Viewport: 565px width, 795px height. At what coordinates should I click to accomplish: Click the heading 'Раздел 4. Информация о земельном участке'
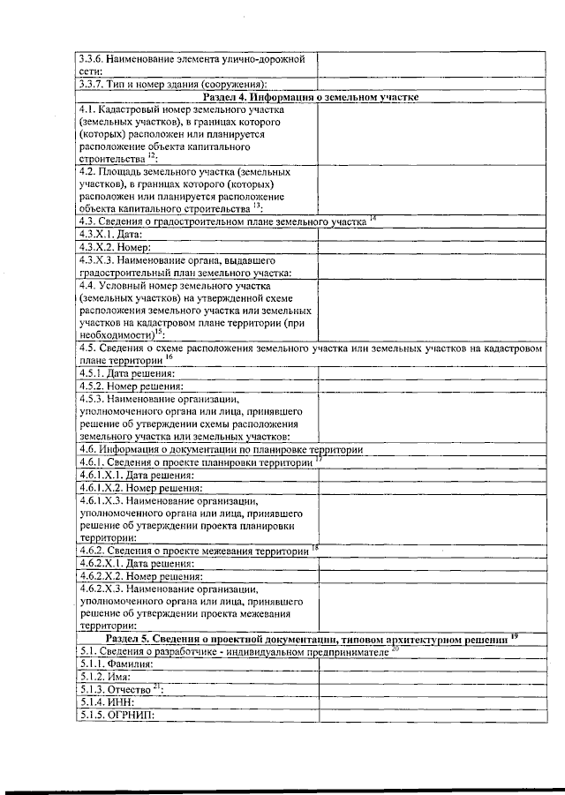[310, 96]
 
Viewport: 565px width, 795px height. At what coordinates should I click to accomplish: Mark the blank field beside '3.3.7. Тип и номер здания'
[435, 84]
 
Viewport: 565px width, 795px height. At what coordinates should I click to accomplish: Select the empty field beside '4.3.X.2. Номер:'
[435, 249]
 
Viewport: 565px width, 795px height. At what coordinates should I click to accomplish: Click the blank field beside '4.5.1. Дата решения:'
[435, 373]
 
